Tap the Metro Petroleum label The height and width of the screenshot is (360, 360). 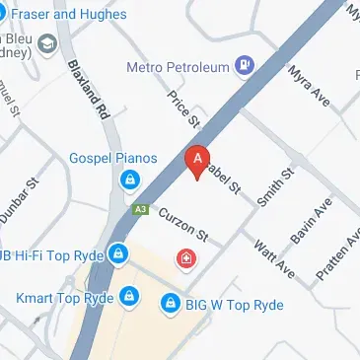[178, 67]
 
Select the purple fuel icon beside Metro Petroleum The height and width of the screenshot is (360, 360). [245, 67]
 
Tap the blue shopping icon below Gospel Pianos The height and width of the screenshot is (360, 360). [128, 180]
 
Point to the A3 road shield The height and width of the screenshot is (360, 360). [140, 210]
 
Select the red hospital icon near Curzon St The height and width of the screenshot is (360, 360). [184, 259]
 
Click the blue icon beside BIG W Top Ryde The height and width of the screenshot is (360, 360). [172, 302]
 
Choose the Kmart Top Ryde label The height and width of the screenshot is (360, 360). [63, 297]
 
